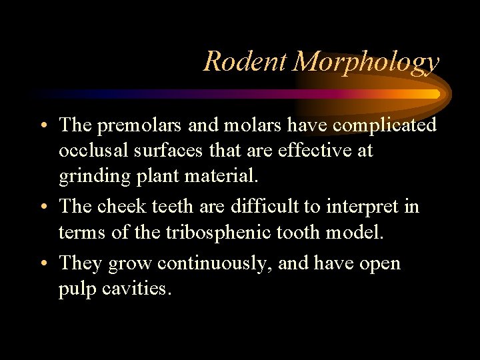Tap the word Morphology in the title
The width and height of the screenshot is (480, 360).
366,61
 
